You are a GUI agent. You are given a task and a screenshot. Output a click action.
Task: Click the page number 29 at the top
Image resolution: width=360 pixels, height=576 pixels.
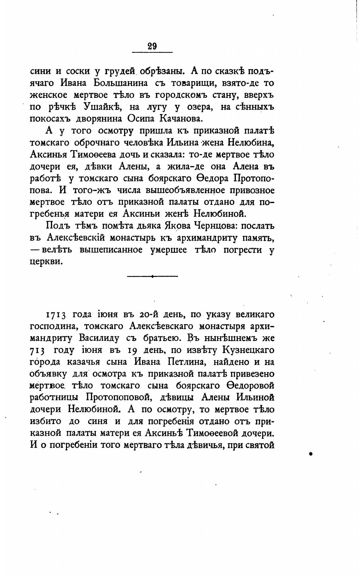pos(152,46)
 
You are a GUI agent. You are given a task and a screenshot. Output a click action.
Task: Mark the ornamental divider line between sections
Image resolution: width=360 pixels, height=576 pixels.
pos(152,276)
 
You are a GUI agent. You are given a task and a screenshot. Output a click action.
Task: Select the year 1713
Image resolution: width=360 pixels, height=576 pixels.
pos(56,315)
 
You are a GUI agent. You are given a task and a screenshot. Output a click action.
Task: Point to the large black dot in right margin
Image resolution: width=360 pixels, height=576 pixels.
pos(310,453)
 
